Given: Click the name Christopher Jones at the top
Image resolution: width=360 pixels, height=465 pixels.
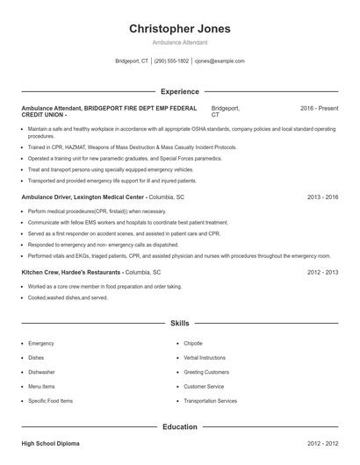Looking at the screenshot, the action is [180, 28].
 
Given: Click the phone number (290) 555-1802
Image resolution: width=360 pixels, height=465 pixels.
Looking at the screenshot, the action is [171, 61].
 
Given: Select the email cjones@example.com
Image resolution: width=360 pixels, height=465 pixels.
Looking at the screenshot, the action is [220, 61].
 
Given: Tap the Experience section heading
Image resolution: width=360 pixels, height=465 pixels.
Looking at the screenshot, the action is [180, 91].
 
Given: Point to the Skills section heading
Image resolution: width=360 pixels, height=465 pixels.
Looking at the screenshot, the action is [180, 324].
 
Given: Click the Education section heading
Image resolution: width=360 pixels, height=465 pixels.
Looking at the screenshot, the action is [180, 426].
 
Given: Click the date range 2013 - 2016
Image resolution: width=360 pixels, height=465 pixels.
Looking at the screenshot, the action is [322, 198].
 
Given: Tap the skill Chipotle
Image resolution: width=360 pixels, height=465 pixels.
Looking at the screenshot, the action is [193, 343].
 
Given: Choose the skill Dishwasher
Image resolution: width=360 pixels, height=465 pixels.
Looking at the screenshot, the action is [41, 372].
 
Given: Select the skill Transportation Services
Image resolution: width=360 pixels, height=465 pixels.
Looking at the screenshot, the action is [210, 401].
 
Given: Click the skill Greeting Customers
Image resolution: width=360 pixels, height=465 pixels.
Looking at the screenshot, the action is [206, 372].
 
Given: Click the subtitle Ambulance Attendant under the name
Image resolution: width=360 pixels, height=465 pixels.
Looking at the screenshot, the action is [180, 42].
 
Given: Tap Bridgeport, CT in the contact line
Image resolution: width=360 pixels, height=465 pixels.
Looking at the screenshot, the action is [132, 61].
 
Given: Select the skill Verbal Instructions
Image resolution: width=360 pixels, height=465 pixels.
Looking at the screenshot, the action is [205, 357].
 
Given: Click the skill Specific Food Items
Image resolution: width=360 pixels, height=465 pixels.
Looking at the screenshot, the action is [50, 401].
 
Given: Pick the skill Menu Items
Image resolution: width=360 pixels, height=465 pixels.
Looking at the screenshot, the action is [41, 386].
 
